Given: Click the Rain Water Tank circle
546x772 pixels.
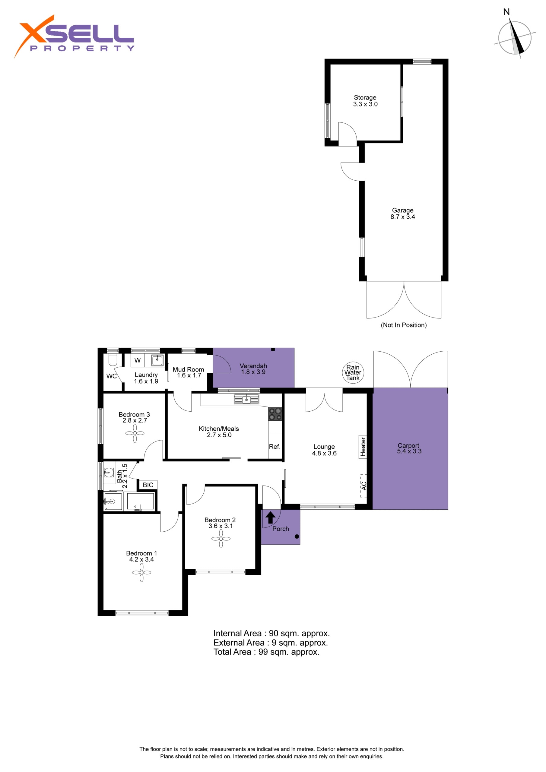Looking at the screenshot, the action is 353,372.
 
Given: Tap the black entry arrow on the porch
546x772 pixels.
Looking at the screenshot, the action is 271,517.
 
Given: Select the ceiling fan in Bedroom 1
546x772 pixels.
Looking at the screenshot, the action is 142,572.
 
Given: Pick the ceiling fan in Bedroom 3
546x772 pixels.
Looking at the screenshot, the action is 135,433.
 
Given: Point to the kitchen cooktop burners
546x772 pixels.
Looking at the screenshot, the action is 275,414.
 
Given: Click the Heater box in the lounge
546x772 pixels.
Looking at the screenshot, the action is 363,447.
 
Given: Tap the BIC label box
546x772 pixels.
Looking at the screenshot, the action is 148,485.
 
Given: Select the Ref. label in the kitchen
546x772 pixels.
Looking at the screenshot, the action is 275,447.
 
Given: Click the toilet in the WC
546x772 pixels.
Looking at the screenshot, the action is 112,360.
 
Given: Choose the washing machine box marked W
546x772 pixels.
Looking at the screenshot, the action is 138,360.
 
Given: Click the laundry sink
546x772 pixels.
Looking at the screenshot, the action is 157,360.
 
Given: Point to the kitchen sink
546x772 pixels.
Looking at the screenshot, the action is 246,399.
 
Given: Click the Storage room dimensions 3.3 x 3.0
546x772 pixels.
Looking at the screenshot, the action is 365,104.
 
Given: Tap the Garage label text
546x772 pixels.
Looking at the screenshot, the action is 403,210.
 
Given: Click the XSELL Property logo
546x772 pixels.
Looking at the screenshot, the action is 74,36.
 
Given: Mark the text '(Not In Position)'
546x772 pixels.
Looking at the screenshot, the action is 404,325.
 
